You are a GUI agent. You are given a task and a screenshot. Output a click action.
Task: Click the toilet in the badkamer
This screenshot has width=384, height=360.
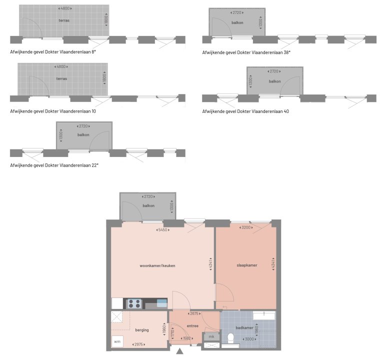tap(231, 338)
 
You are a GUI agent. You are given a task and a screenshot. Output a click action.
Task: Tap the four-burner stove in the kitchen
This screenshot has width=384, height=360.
tap(134, 303)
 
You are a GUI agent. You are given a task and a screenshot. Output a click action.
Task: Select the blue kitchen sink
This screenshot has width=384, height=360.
tap(162, 302)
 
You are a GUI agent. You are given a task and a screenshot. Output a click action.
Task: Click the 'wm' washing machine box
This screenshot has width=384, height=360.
tap(117, 342)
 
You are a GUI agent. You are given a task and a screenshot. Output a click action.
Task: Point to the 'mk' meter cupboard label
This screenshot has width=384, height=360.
tap(211, 336)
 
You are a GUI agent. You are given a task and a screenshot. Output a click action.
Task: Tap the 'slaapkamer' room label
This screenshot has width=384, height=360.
tap(246, 265)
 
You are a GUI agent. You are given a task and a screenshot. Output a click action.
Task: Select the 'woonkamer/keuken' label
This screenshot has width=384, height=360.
tap(157, 265)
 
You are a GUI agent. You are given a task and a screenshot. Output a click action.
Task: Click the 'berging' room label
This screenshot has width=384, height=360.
tap(142, 330)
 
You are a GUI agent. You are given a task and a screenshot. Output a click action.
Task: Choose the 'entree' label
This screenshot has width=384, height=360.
tap(192, 326)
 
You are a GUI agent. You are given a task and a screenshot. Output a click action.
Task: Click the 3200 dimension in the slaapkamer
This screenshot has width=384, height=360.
tap(246, 227)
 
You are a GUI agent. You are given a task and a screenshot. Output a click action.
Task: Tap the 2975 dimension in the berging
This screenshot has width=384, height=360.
tap(139, 345)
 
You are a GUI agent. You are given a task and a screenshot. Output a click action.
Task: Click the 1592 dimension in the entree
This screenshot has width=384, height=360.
tap(187, 338)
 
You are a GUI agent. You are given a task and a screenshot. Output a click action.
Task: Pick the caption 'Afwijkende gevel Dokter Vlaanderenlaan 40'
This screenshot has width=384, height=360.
tap(245, 111)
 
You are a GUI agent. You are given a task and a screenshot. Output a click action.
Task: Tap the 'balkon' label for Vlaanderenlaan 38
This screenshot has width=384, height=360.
tap(237, 23)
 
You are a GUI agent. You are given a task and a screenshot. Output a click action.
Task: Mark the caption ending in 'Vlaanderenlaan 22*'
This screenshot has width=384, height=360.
tap(54, 164)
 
